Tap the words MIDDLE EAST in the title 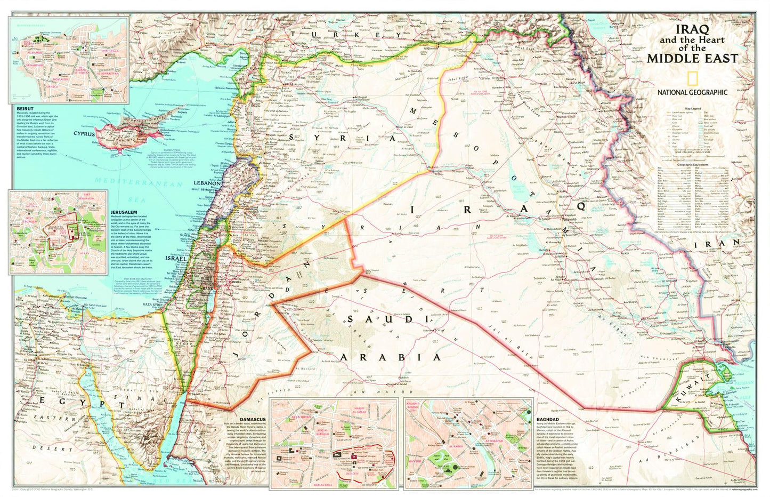tap(692, 58)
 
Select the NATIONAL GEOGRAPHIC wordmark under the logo tap(692, 92)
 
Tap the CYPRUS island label tap(84, 134)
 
